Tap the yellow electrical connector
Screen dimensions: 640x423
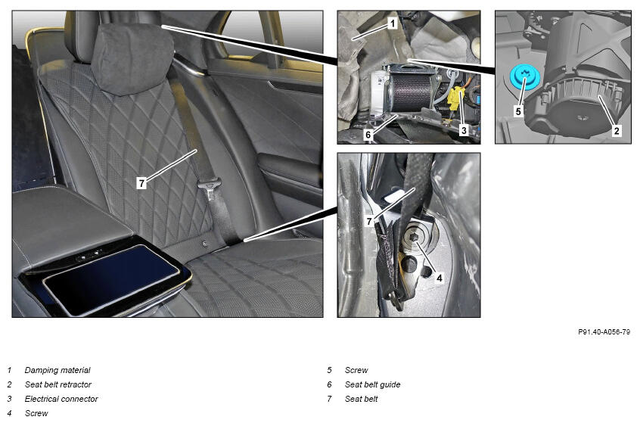pos(455,99)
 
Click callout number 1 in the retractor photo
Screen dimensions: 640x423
pos(393,23)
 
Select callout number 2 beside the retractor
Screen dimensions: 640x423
pos(617,131)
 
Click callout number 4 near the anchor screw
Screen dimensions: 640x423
pos(440,278)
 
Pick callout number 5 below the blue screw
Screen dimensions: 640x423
pos(518,111)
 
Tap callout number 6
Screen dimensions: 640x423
pos(368,135)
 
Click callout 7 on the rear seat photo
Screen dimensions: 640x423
pos(141,183)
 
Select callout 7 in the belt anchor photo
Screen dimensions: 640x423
pos(369,221)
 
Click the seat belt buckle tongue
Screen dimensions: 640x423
pos(210,188)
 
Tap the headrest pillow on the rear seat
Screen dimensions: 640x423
pos(132,58)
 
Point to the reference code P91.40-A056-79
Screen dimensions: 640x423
pos(604,332)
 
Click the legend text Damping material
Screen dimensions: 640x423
pos(57,370)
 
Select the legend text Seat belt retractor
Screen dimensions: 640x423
pos(58,384)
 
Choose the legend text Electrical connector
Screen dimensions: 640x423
pos(61,399)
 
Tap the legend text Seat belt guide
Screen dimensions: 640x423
pos(372,384)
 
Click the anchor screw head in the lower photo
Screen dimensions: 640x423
pos(414,238)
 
